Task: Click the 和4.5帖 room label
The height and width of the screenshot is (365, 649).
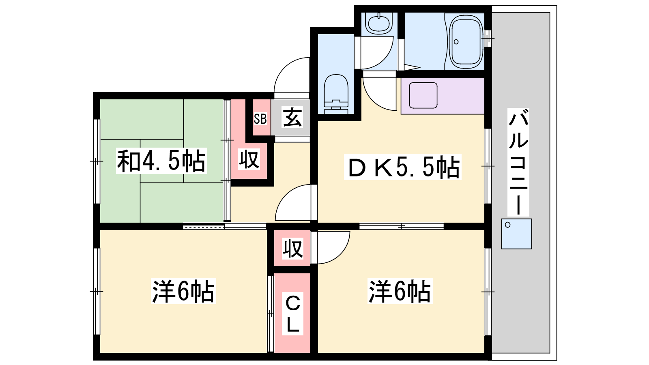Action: (161, 161)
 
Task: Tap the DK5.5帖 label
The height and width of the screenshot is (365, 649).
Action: (402, 167)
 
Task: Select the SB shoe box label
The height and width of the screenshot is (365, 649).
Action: (260, 119)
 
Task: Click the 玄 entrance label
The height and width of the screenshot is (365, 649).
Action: (292, 117)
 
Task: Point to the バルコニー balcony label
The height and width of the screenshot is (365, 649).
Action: (518, 162)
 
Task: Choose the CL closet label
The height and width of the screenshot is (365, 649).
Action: (292, 315)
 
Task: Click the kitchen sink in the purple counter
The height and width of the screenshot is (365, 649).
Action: (423, 95)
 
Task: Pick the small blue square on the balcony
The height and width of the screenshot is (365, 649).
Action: (517, 234)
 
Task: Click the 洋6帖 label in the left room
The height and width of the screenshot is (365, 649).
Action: (183, 291)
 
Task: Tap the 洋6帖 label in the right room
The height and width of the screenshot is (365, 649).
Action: (400, 291)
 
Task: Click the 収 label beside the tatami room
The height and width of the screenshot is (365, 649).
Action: (249, 159)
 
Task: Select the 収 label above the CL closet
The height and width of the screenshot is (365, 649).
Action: (293, 249)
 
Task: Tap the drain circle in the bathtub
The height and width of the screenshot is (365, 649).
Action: (456, 42)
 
